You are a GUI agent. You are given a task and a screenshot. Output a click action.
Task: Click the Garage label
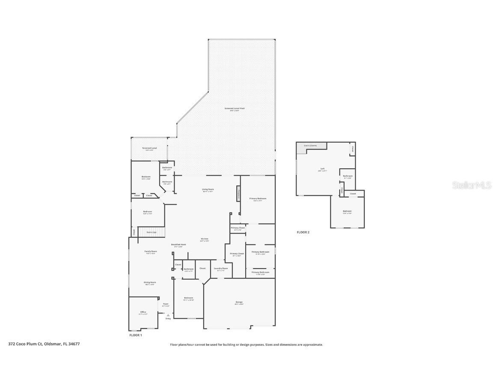pos(239,302)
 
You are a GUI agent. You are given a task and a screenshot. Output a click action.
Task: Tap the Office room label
pos(143,312)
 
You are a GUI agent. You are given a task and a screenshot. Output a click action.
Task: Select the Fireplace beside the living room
pos(238,193)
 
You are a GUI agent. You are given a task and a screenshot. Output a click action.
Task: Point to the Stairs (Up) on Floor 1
pos(151,232)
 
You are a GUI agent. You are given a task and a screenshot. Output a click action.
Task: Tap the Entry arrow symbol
pos(168,315)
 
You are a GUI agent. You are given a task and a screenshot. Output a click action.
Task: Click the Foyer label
pos(166,304)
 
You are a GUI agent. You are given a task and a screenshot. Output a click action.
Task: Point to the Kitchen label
pos(205,239)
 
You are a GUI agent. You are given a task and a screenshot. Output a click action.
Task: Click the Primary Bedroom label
pos(258,199)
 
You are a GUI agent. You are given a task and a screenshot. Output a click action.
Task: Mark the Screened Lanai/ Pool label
pos(235,109)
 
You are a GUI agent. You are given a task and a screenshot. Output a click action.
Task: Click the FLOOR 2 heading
pos(303,232)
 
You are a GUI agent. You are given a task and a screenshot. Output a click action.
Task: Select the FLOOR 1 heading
pos(136,335)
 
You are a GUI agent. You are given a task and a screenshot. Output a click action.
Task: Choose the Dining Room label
pos(150,283)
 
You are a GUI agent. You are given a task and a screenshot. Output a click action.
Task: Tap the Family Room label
pos(151,251)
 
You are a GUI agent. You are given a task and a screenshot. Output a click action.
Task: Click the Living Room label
pos(208,189)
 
